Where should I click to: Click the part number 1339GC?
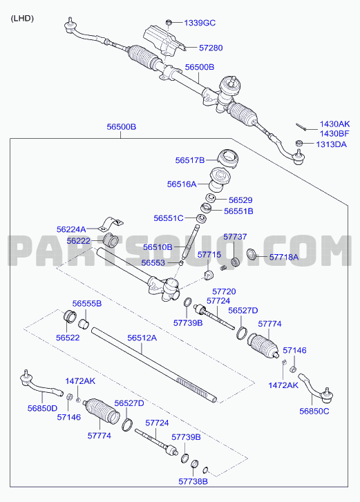200,23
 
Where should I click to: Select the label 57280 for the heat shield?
211,48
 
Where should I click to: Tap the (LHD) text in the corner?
22,19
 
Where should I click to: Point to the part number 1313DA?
331,144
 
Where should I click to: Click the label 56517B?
189,160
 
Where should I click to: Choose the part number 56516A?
182,184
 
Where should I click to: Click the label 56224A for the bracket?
71,229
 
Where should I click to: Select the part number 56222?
79,241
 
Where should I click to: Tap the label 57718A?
284,257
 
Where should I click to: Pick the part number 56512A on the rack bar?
142,338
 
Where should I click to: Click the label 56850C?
314,411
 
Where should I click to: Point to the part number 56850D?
42,408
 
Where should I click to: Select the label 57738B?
193,481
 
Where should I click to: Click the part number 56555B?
87,304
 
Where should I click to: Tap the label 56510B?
158,247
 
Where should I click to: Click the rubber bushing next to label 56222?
111,240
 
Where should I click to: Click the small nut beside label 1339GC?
169,22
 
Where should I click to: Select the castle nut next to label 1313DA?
299,143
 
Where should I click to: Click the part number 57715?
209,255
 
